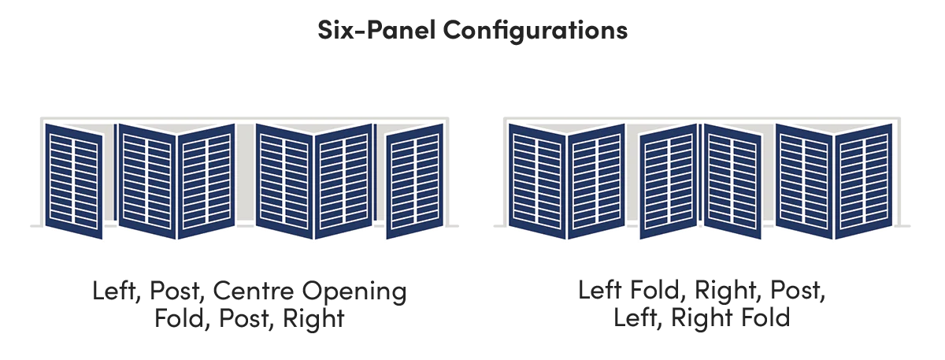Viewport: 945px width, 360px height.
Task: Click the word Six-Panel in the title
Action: tap(376, 30)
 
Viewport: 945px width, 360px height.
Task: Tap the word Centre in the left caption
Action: tap(253, 291)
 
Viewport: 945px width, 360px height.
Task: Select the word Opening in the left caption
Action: tap(354, 292)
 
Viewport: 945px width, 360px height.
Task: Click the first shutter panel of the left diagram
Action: tap(74, 181)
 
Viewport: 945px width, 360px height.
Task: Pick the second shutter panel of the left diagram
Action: tap(147, 181)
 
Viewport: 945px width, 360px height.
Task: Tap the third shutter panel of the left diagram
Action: tap(206, 181)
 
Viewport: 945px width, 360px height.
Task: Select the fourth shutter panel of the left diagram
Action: tap(284, 181)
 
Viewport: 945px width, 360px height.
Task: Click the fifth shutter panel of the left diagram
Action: tap(343, 181)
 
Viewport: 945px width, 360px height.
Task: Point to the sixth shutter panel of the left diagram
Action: tap(415, 181)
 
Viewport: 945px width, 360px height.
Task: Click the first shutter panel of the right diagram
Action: tap(537, 181)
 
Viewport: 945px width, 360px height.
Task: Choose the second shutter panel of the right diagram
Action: tap(596, 181)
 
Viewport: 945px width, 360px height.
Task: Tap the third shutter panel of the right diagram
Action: tap(669, 181)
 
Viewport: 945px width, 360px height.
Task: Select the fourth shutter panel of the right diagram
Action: tap(733, 181)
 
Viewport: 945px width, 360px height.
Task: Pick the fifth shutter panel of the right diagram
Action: tap(805, 181)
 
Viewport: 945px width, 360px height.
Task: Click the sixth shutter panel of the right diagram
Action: tap(864, 181)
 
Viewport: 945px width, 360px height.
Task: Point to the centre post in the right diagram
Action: tap(700, 173)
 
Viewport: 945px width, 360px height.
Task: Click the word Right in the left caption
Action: tap(313, 320)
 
